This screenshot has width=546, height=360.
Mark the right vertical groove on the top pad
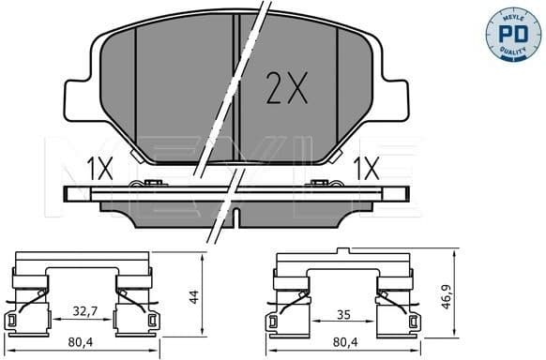click(x=338, y=94)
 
